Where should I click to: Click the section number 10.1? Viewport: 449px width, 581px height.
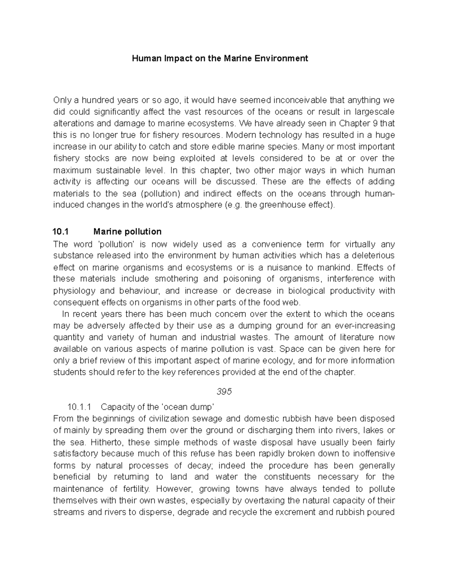pos(61,232)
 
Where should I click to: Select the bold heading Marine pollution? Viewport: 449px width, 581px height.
pos(127,232)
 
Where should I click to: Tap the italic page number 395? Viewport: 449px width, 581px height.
pos(224,391)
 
